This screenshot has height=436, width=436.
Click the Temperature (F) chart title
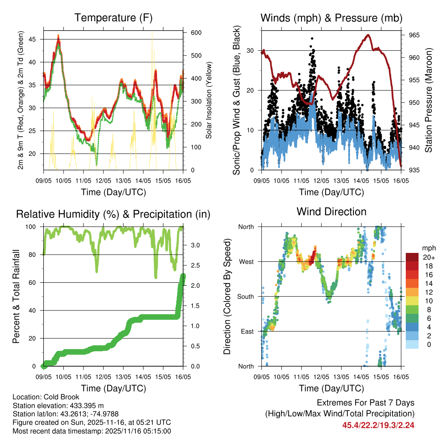pyautogui.click(x=113, y=18)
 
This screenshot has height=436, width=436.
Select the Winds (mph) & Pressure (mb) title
pyautogui.click(x=331, y=18)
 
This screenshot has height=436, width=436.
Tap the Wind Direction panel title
pyautogui.click(x=331, y=211)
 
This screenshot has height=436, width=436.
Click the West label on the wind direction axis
pyautogui.click(x=246, y=261)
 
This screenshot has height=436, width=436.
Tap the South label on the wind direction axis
pyautogui.click(x=245, y=296)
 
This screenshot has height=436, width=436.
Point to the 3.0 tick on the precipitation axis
pyautogui.click(x=192, y=245)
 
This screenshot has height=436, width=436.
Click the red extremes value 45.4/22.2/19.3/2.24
pyautogui.click(x=378, y=425)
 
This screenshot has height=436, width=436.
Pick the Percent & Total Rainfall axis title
pyautogui.click(x=16, y=296)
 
